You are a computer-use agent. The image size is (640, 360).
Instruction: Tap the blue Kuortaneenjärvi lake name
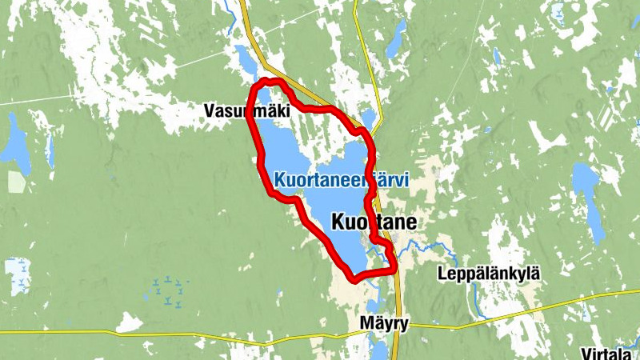(x=341, y=181)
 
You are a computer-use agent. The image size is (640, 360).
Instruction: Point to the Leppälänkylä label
(x=489, y=274)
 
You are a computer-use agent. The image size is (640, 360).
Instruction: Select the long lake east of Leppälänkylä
(x=593, y=212)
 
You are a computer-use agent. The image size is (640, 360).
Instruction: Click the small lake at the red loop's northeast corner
(x=367, y=119)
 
